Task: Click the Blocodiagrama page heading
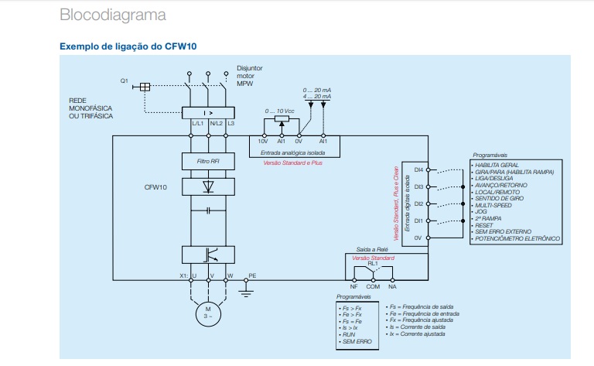click(x=112, y=15)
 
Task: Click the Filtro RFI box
click(x=207, y=162)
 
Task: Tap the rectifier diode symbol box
click(x=207, y=186)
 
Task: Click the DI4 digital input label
click(x=418, y=169)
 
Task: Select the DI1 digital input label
click(x=418, y=221)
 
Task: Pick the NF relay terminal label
click(x=353, y=286)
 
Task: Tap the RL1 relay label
click(x=373, y=263)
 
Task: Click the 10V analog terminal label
click(x=262, y=142)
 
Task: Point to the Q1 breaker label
click(x=124, y=81)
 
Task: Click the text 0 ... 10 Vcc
click(x=280, y=111)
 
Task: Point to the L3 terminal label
click(x=230, y=124)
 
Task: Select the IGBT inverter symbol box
click(x=207, y=254)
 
